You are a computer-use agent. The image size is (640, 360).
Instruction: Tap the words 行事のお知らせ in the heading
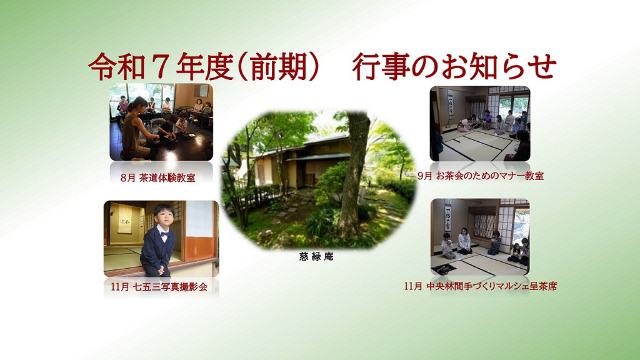coord(454,67)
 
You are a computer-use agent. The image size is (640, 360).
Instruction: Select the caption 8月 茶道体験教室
coord(158,178)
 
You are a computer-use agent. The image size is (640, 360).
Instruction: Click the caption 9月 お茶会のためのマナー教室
coord(481,176)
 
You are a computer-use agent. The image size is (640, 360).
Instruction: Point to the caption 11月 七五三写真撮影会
coord(159,287)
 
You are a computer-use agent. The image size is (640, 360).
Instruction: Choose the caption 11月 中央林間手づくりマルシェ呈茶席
coord(481,286)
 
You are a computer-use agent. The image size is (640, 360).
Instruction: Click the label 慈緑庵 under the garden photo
coord(316,256)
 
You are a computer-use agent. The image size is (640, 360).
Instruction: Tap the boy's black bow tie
coord(164,234)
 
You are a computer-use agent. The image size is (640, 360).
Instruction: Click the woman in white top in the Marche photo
coord(464,242)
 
